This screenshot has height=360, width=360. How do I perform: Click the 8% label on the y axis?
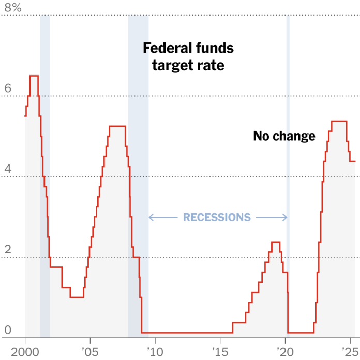(13, 8)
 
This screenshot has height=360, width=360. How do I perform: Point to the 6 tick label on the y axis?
(8, 88)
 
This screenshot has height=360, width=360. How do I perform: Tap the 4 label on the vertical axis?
(8, 169)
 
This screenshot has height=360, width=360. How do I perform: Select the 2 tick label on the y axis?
(8, 249)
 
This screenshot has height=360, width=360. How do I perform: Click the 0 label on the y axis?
(8, 330)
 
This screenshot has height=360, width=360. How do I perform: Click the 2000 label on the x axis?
(25, 352)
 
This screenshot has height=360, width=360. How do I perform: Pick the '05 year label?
(90, 352)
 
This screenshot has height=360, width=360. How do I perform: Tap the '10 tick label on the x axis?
(155, 352)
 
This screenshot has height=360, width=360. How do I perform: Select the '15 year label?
(220, 352)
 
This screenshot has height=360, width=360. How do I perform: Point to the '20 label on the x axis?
(286, 352)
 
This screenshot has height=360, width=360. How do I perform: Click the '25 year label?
(350, 352)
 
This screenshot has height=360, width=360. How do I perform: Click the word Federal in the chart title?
(164, 48)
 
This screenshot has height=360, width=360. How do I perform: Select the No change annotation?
(284, 136)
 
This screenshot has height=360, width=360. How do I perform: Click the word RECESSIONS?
(217, 217)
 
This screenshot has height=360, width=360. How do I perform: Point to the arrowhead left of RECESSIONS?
(151, 217)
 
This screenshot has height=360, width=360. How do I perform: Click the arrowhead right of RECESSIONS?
(285, 217)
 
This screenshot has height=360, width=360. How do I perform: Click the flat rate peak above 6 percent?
(34, 76)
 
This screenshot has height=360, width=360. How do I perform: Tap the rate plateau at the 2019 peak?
(276, 242)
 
